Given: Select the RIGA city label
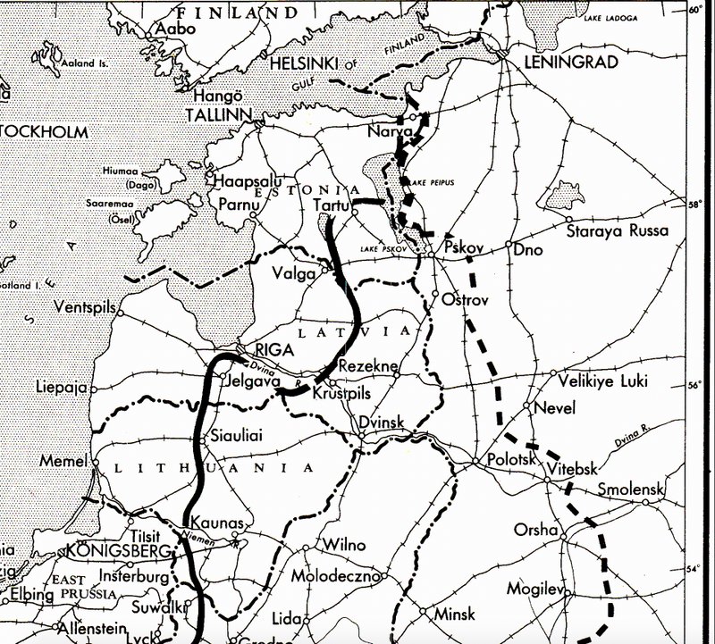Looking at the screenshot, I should tap(274, 349).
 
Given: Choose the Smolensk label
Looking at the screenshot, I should tap(632, 490).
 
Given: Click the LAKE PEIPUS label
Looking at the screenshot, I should tap(433, 182).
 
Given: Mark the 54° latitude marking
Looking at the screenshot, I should tap(696, 569).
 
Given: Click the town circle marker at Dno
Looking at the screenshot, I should tap(509, 245).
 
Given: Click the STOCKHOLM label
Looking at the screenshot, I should tap(45, 131).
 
